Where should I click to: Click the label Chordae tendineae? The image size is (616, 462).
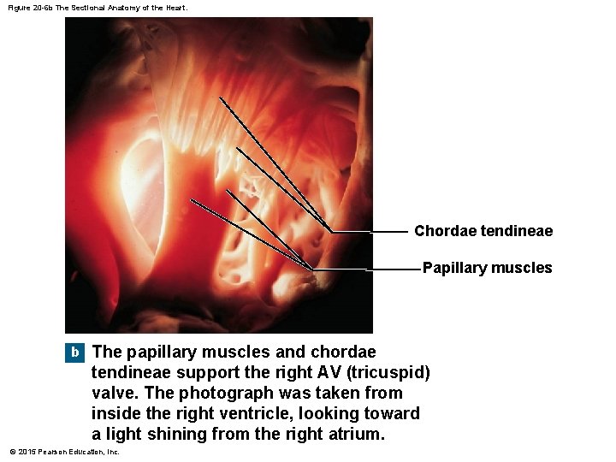point(483,231)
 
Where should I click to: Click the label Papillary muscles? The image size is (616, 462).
point(487,268)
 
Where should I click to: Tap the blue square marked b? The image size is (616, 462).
point(75,352)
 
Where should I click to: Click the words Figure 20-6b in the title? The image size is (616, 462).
point(29,8)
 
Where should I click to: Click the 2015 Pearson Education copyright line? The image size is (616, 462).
point(64,452)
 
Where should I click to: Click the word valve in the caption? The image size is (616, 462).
point(111,393)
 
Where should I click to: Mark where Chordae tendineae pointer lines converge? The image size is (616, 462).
point(332,232)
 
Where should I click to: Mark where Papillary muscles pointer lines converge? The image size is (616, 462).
point(314,269)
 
